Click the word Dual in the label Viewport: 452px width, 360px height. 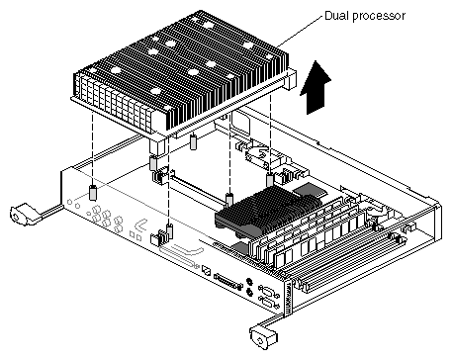pos(335,15)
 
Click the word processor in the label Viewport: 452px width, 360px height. pos(377,17)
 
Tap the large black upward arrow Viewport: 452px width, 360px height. pos(316,88)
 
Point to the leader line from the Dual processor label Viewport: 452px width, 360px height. pos(300,31)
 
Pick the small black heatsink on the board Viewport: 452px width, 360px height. pos(268,210)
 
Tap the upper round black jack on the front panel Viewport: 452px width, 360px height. pos(249,281)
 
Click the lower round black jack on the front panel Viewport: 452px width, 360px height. pos(249,292)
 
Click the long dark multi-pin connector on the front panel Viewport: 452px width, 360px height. pos(228,281)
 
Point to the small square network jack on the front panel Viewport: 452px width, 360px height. pos(206,270)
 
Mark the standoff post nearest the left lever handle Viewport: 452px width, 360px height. pos(93,193)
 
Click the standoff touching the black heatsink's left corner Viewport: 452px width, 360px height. pos(229,200)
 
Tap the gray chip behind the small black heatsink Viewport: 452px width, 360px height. pos(308,190)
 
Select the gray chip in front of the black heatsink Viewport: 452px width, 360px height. pos(241,248)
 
